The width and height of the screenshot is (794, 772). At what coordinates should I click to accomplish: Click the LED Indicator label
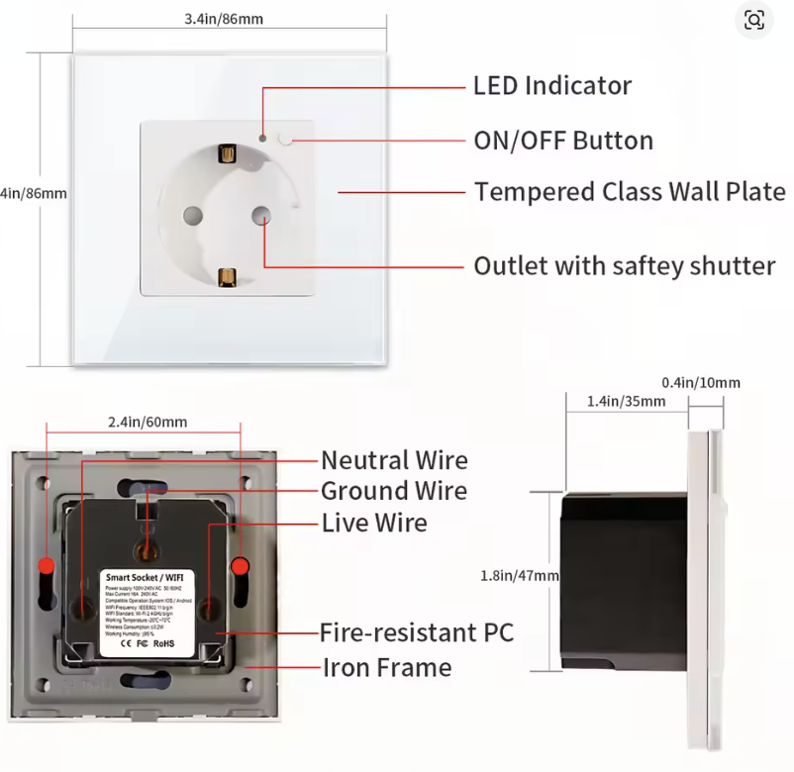coord(551,86)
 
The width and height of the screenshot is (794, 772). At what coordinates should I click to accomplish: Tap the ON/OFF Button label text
coord(562,141)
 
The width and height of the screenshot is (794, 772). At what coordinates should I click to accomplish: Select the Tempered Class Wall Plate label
coord(629,192)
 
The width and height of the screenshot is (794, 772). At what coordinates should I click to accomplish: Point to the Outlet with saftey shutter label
coord(624,266)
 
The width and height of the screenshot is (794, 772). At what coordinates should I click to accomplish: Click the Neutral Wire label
coord(394,460)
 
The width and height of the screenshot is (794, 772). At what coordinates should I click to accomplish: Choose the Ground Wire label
coord(394,491)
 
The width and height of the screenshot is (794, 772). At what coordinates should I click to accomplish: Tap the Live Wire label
coord(374,523)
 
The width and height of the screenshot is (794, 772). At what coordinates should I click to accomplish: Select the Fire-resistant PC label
coord(416,632)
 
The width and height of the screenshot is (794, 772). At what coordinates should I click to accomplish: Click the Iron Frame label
coord(387,668)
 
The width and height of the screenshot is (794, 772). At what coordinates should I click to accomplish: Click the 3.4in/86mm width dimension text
coord(224,19)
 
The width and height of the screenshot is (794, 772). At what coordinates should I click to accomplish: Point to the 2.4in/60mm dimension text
coord(147,422)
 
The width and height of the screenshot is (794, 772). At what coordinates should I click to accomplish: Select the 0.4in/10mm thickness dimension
coord(700,383)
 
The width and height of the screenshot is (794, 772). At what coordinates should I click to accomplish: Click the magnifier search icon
coord(754,20)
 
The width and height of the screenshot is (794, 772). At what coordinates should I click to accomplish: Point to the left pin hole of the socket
coord(189,215)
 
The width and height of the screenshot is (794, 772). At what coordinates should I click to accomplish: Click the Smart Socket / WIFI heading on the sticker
coord(149,576)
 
